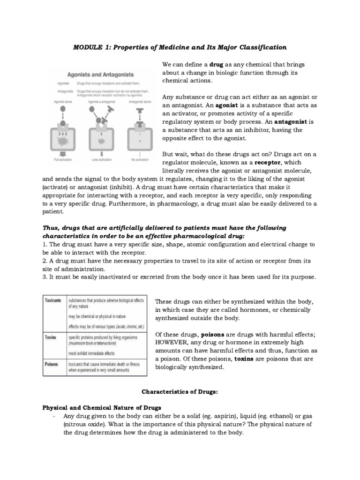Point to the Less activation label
coord(101,160)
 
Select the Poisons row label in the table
coord(51,363)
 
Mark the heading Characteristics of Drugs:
coord(180,391)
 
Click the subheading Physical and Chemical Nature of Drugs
coord(102,408)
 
